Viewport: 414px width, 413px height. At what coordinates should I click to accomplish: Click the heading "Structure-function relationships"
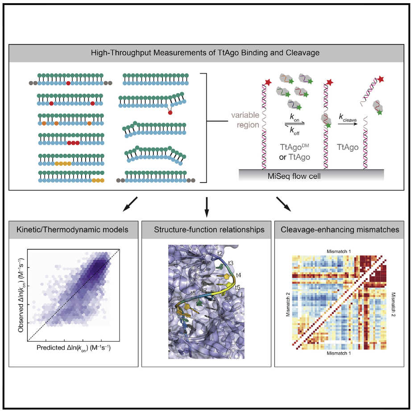(206, 231)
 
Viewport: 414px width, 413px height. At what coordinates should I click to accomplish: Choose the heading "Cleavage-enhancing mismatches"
(340, 231)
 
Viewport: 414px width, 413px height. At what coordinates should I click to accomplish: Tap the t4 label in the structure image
(239, 275)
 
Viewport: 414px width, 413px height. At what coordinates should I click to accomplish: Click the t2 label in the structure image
(220, 253)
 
